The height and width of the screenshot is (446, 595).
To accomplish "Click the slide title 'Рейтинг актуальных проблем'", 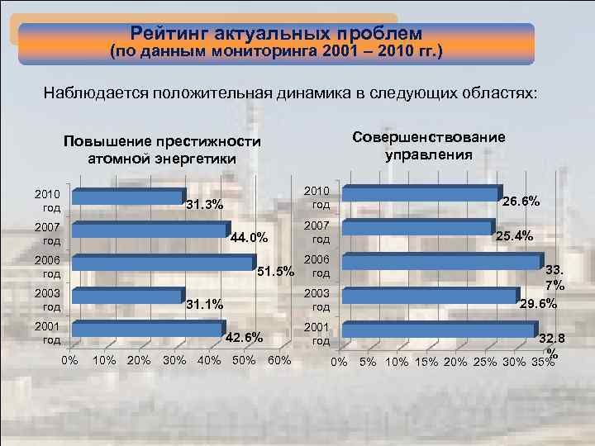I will (x=276, y=34).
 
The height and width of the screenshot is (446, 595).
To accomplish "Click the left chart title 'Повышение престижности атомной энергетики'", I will (x=162, y=150).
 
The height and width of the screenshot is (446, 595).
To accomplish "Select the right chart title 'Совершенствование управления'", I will (x=428, y=145).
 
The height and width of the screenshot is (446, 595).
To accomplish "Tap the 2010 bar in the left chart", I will (x=128, y=197).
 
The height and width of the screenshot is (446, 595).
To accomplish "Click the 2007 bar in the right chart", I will (x=417, y=228).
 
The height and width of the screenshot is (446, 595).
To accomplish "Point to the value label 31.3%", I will (x=204, y=205).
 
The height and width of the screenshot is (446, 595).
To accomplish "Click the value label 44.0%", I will (x=249, y=239).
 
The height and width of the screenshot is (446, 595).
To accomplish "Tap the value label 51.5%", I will (x=275, y=271).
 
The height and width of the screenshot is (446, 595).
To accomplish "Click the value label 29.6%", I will (x=537, y=304).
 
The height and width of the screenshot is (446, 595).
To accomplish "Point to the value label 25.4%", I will (x=515, y=236).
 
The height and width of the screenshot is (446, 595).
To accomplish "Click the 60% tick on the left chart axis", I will (x=280, y=360).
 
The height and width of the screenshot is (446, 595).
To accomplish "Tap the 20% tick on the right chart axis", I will (x=455, y=363).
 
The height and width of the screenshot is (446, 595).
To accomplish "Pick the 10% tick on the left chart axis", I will (x=104, y=360).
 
